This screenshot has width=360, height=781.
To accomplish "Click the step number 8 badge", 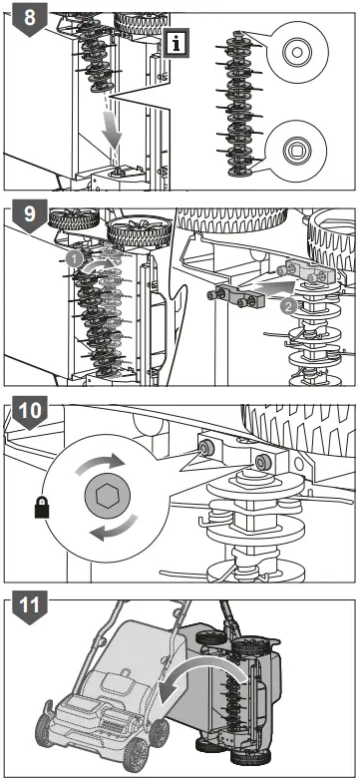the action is (x=29, y=18).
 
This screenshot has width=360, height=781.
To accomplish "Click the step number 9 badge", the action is (x=29, y=214).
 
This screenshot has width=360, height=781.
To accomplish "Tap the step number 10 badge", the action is (x=29, y=412).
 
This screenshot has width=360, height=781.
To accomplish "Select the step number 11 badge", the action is (x=29, y=607).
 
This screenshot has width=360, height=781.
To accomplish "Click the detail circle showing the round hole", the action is (x=296, y=51).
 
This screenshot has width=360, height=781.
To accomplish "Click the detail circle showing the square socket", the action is (x=296, y=150).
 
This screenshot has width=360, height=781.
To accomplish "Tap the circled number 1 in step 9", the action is (x=74, y=259).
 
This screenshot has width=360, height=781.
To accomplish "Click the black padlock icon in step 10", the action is (x=42, y=507).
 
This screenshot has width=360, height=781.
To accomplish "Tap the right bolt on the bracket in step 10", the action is (x=260, y=462).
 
